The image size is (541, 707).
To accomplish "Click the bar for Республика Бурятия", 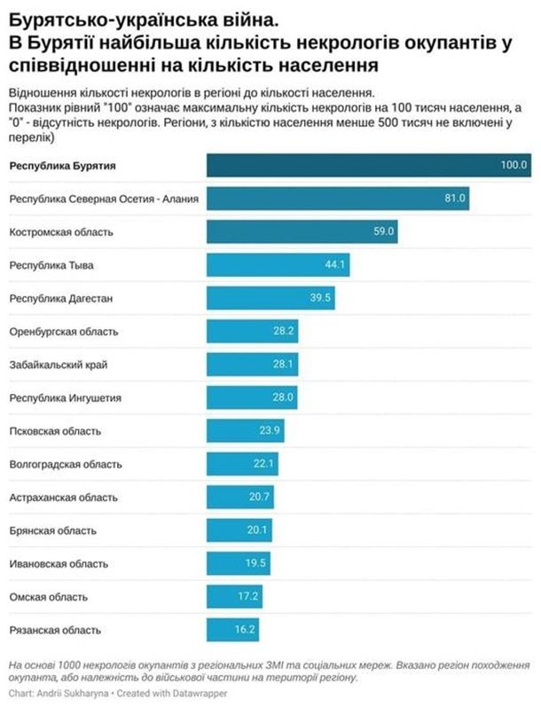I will click(368, 165).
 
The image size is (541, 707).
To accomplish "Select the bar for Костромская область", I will click(302, 232).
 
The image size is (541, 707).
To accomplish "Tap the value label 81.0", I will click(455, 199).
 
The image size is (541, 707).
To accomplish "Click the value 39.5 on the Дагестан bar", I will click(320, 298).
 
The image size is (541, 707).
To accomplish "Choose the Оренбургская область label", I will click(63, 332).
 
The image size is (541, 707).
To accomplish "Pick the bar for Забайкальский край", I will click(252, 365).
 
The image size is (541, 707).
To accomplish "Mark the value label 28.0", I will click(283, 398).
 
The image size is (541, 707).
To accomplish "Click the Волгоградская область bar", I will click(243, 464).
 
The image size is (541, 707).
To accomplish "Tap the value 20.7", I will click(259, 497).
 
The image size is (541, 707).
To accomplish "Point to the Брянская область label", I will click(52, 530).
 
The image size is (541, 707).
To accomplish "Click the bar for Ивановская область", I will click(239, 563).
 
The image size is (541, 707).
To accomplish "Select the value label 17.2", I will click(249, 597).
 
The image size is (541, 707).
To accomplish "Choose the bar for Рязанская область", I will click(233, 630).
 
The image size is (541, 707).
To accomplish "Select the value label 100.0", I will click(514, 165).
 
